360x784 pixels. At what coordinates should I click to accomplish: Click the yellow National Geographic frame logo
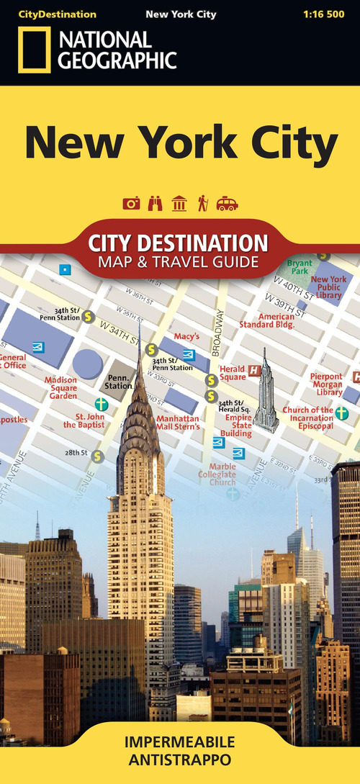click(x=34, y=50)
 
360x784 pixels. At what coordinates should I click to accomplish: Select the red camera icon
click(x=131, y=204)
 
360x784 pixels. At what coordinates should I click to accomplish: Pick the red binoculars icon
click(x=155, y=204)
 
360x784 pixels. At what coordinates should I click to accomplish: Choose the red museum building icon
click(x=179, y=204)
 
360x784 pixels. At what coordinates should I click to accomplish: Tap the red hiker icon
click(x=203, y=204)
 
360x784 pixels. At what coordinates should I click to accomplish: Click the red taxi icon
click(x=227, y=204)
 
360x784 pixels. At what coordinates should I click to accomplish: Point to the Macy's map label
click(x=186, y=336)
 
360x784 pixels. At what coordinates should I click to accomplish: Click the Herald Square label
click(x=233, y=372)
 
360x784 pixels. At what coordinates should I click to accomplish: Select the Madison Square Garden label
click(x=60, y=387)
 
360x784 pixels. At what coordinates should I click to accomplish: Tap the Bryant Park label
click(x=300, y=268)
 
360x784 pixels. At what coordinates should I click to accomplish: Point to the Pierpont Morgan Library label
click(x=326, y=384)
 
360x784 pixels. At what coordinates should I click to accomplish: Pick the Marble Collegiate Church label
click(x=217, y=474)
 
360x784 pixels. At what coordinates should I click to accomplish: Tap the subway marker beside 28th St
click(x=96, y=455)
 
